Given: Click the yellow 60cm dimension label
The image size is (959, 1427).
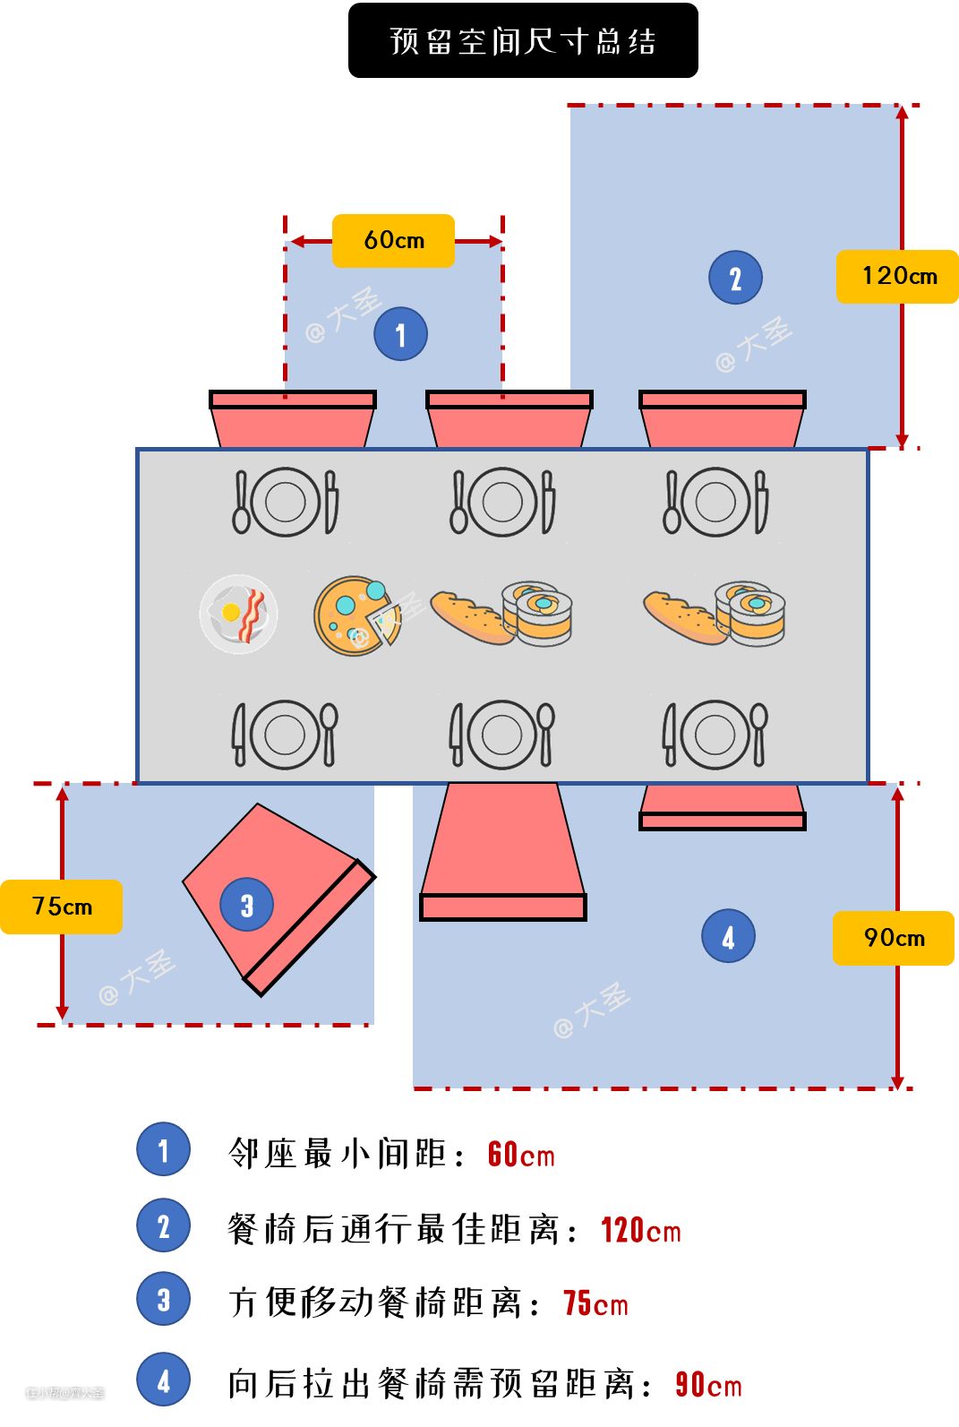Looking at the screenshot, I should [x=393, y=240].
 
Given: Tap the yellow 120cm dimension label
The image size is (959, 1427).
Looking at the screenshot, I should [x=897, y=276].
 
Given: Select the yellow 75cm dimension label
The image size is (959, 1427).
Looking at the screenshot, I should [x=61, y=907].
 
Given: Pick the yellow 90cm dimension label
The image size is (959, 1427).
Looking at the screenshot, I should [x=893, y=938].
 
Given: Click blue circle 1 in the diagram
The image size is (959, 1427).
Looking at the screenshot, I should [x=400, y=334].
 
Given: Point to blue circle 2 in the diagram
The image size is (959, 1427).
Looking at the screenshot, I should [x=735, y=278].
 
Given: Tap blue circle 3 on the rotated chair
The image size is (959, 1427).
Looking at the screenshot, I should [x=246, y=905].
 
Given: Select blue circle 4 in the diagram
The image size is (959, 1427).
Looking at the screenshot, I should [x=728, y=936].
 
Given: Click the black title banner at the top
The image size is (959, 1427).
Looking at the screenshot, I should [x=523, y=40].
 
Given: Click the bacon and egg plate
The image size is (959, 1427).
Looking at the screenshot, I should [x=239, y=614].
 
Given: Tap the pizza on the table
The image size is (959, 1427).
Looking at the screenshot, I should [x=356, y=615].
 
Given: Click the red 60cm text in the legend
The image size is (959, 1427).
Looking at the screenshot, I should [x=520, y=1155].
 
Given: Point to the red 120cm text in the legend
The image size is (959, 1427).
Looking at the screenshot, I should [x=640, y=1230].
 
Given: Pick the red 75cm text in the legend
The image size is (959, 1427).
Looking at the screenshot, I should [x=595, y=1303].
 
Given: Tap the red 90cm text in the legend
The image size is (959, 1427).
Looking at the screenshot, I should [x=708, y=1385].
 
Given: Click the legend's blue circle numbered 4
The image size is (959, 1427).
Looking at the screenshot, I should [x=163, y=1380].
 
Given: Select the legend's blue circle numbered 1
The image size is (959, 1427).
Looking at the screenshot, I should [x=163, y=1149].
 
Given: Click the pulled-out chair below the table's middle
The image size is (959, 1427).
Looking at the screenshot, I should [x=503, y=851].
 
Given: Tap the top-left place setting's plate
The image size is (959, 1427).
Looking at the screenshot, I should [x=285, y=502].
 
